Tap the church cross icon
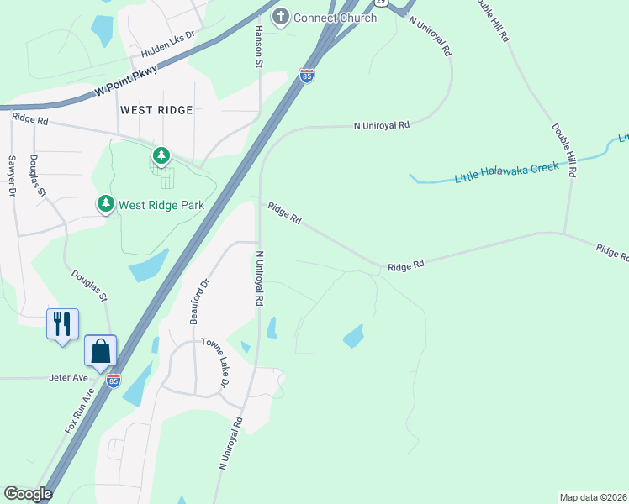pos(280,17)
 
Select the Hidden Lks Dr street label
pos(167,46)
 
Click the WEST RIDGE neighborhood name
pos(156,110)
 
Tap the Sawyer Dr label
pos(12,176)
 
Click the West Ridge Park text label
pos(161,205)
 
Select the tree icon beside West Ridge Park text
pos(105,203)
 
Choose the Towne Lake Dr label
pos(215,362)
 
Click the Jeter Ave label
pos(68,378)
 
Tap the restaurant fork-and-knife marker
pos(62,323)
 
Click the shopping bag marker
pos(100,350)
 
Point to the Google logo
pos(28,494)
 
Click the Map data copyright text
pos(593,497)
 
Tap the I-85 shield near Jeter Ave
pos(114,381)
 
